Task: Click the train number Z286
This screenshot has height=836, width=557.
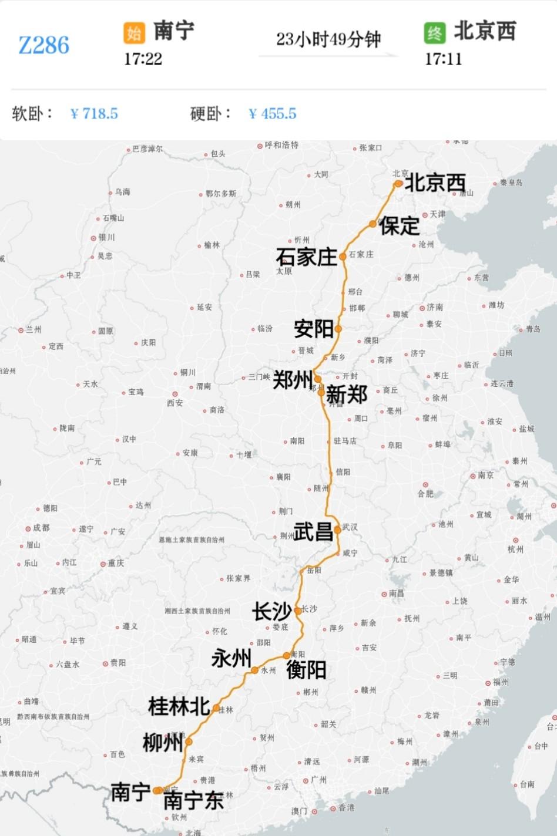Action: [44, 45]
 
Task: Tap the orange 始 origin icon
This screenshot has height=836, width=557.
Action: [134, 32]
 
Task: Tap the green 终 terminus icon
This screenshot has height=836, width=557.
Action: [435, 32]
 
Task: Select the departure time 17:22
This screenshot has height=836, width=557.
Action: [143, 59]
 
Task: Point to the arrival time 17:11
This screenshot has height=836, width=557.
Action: [444, 59]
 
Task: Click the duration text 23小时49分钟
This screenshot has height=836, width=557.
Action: [328, 39]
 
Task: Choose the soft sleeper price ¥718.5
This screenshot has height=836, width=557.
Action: [94, 113]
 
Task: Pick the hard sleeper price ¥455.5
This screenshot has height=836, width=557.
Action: [273, 113]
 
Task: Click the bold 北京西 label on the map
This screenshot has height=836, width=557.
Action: [435, 183]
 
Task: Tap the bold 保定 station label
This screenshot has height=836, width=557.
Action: [400, 226]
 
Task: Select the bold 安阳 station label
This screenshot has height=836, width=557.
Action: [314, 329]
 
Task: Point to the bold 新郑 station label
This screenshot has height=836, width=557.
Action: [347, 395]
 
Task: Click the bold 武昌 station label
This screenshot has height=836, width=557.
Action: [313, 532]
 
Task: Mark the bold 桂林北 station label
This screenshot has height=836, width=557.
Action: [179, 706]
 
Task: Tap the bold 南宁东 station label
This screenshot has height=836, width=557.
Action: [193, 801]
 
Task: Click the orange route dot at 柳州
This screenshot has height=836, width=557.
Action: [189, 741]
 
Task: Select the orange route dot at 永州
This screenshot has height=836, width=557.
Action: [254, 670]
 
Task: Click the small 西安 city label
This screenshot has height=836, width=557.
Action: [175, 403]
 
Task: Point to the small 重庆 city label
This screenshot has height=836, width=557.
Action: [116, 563]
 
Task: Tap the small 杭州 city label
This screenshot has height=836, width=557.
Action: [515, 550]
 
